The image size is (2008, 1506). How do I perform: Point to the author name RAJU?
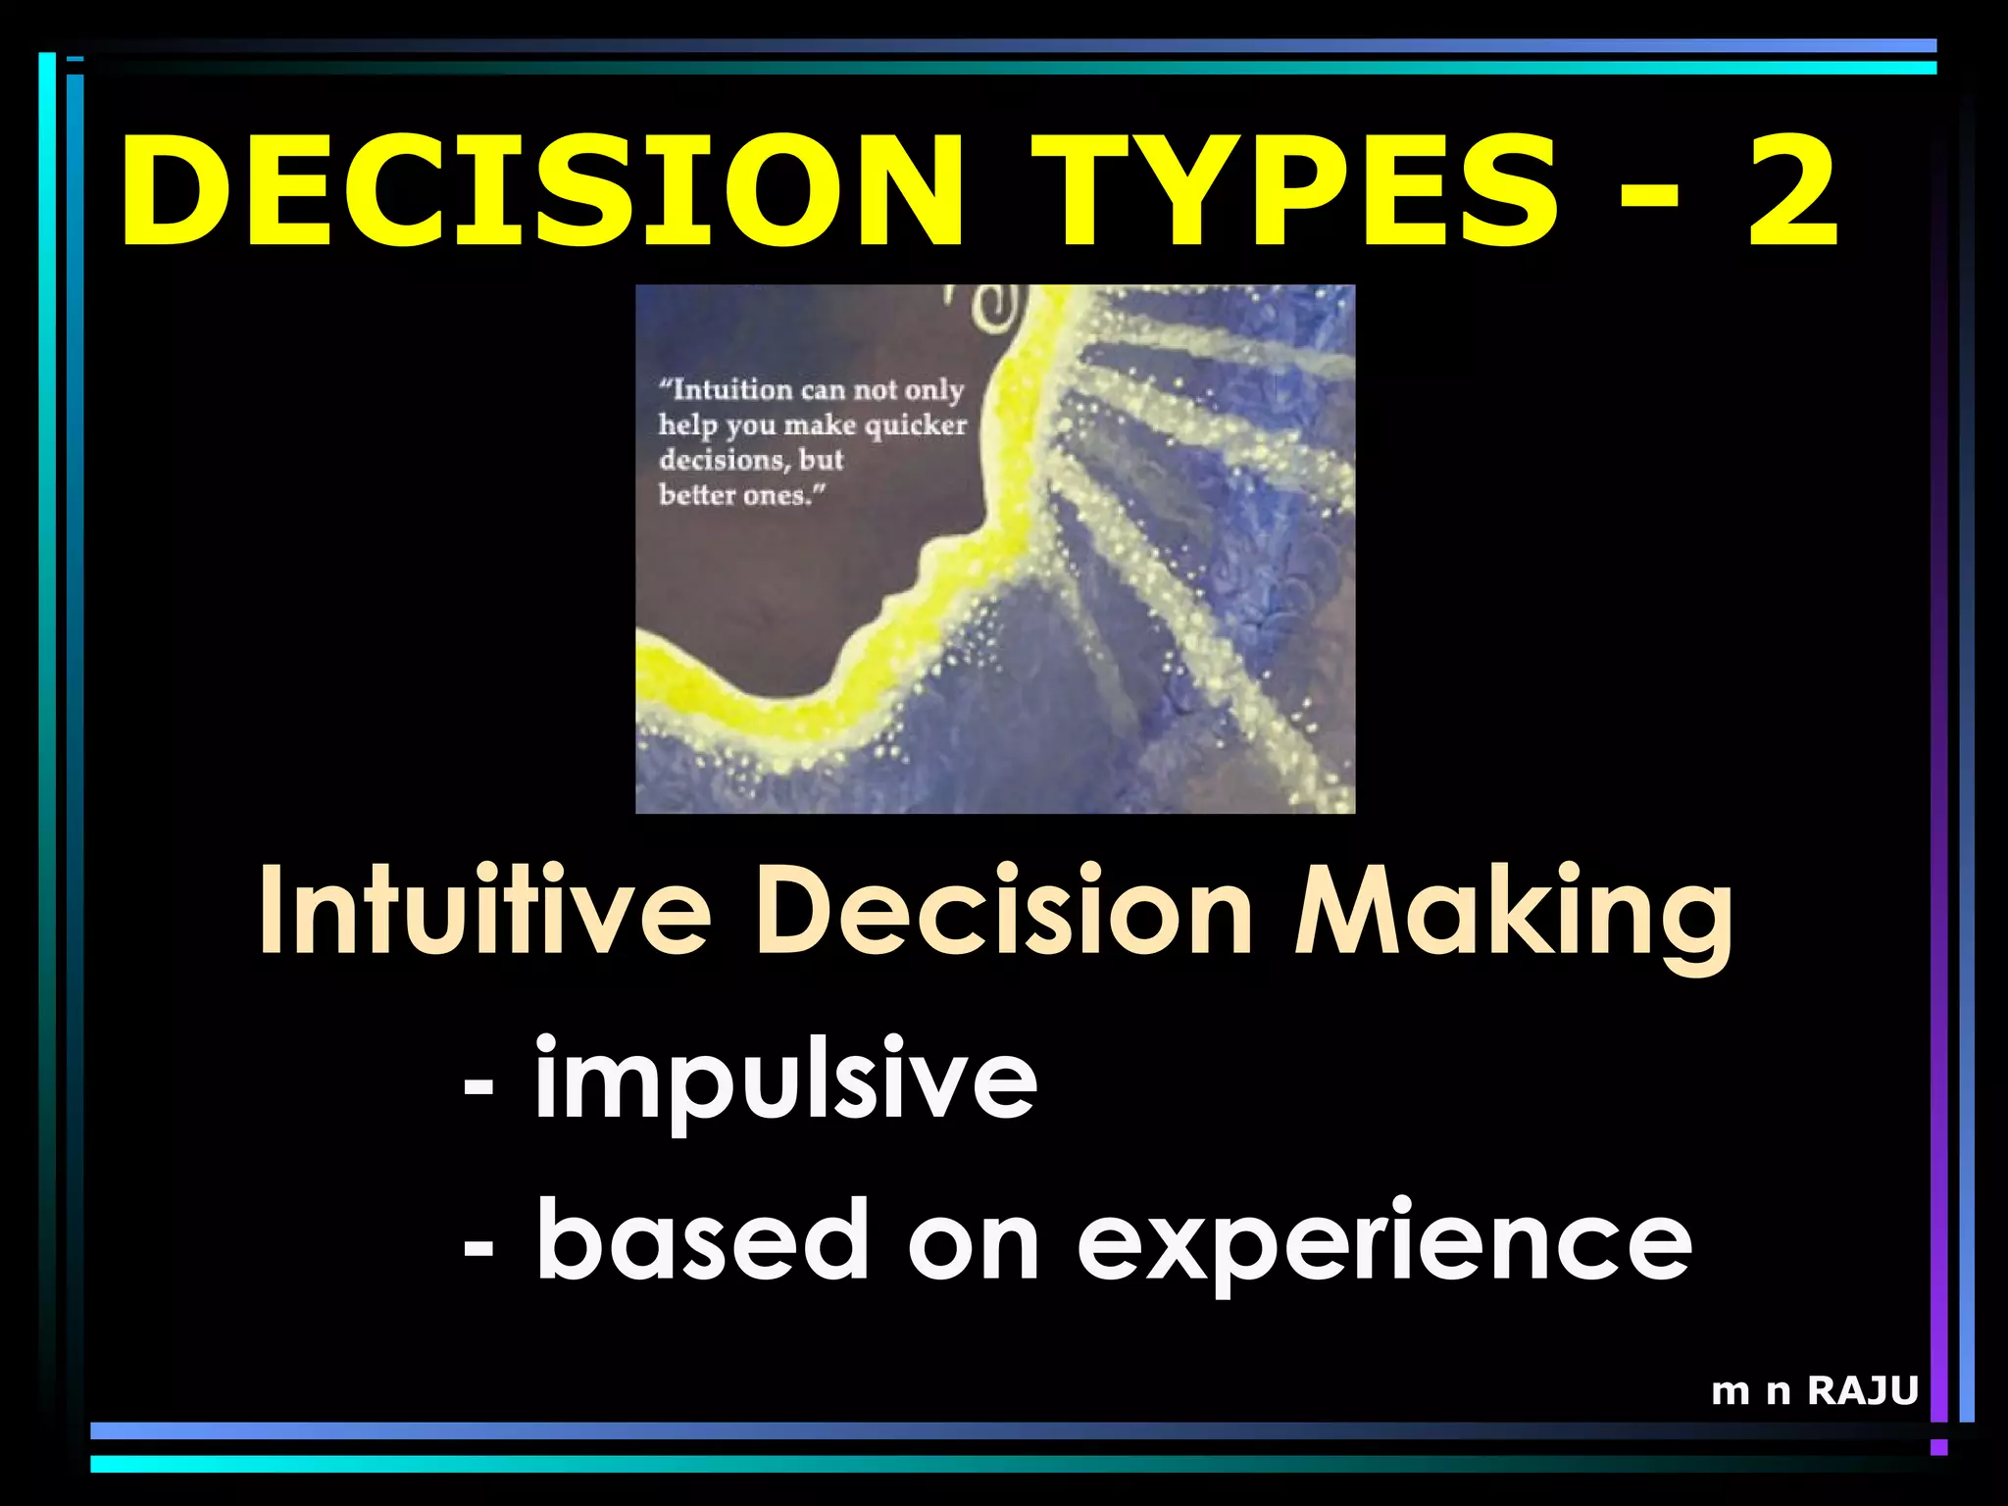[1862, 1390]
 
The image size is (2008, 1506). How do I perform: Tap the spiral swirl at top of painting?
[985, 303]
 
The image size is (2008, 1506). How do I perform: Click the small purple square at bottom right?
[1938, 1447]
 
